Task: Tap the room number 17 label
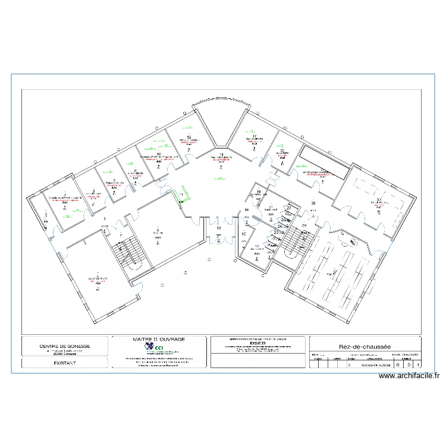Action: tap(254, 136)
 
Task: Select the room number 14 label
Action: tap(221, 155)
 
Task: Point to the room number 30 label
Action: tap(313, 203)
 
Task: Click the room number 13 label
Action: tap(218, 228)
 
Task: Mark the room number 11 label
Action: tap(181, 194)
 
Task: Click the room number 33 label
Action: tap(379, 200)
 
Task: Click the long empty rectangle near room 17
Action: tap(324, 161)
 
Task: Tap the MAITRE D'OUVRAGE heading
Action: tap(159, 340)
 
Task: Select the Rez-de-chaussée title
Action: tap(364, 346)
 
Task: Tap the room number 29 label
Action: tap(304, 226)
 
